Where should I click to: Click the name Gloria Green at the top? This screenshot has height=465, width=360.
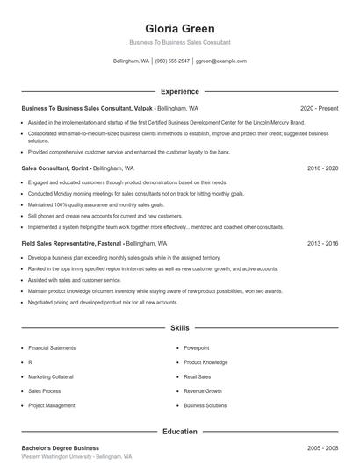[179, 28]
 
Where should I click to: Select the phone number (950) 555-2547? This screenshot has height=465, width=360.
[173, 61]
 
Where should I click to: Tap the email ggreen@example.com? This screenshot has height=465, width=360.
[220, 61]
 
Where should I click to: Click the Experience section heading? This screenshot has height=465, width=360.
[179, 91]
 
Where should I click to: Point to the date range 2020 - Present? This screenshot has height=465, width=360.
[320, 108]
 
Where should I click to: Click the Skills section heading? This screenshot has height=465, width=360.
[179, 328]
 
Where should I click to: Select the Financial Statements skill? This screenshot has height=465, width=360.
[51, 347]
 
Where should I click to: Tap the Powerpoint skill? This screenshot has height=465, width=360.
[197, 347]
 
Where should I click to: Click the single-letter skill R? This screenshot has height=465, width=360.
[30, 361]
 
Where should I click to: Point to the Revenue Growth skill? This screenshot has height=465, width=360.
[203, 390]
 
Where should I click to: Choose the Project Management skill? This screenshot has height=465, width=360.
[52, 405]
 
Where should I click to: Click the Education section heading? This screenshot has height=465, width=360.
[179, 432]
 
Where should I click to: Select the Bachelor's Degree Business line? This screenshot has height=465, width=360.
[61, 448]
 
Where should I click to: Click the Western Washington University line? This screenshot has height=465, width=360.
[76, 457]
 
